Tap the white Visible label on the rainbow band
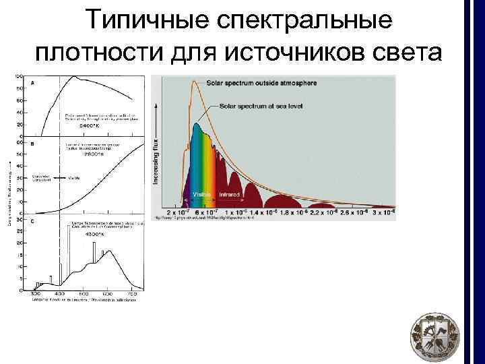[x=202, y=194]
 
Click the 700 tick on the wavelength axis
[x=132, y=295]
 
